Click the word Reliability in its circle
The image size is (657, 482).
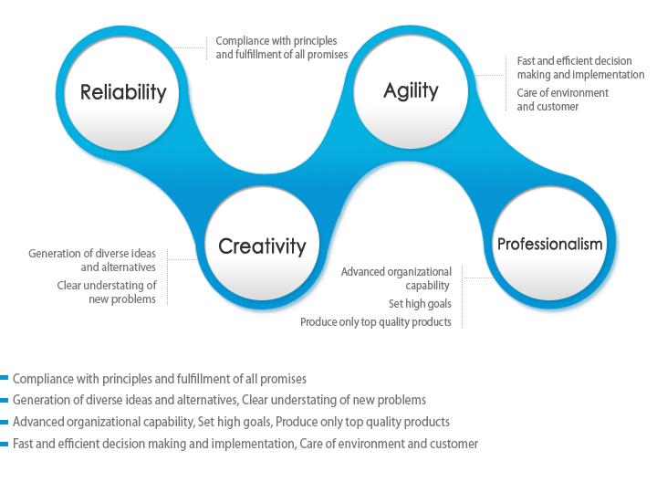tap(123, 92)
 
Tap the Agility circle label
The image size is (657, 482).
tap(411, 91)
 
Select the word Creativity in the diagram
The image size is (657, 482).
tap(262, 246)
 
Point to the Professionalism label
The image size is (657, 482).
tap(549, 244)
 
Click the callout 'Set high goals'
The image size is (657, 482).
tap(420, 303)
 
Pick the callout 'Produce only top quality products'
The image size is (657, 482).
tap(376, 322)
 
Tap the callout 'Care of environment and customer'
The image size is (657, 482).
tap(563, 100)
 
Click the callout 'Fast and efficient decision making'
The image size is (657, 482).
tap(580, 68)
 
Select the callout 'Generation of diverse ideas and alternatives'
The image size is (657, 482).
tap(92, 260)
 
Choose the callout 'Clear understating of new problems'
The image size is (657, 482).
tap(107, 292)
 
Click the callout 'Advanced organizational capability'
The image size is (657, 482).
tap(396, 278)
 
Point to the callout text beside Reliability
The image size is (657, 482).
tap(282, 47)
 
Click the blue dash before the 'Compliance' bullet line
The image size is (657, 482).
tap(5, 378)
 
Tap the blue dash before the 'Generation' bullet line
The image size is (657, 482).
tap(5, 400)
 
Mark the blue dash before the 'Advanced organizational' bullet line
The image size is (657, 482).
tap(5, 422)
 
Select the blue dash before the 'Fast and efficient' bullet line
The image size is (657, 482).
tap(5, 444)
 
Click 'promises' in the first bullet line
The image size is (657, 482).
tap(283, 380)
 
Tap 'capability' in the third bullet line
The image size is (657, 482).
tap(170, 422)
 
